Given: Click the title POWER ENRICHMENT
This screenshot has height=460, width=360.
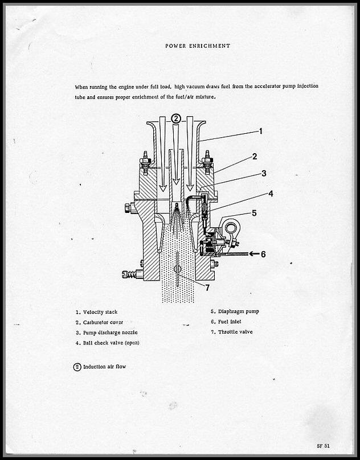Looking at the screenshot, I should pos(198,46).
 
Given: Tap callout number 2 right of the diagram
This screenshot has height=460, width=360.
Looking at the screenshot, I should pos(255,156).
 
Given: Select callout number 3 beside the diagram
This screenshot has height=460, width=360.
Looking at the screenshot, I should pos(264,174).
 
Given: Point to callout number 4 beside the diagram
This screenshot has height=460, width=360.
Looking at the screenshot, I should pos(271,194).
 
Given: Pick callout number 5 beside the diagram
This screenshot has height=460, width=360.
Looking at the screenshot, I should pos(254,213).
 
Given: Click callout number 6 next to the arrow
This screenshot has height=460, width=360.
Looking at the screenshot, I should pos(263,254).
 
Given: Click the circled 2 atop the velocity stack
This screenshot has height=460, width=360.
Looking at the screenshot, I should pos(177,118).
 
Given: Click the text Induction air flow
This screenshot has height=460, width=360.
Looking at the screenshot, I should pos(105,367).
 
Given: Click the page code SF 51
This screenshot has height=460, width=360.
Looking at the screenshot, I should pos(324,445).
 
